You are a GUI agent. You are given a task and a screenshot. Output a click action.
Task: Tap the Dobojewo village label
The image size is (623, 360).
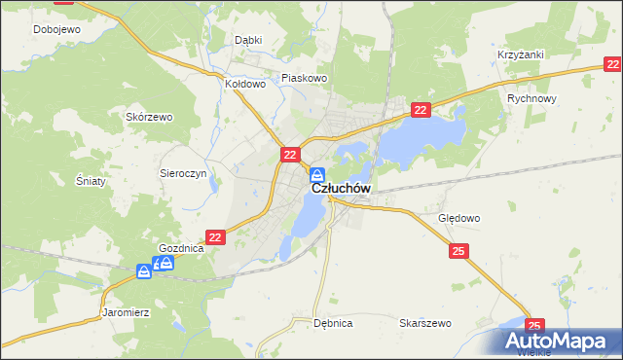click(56, 29)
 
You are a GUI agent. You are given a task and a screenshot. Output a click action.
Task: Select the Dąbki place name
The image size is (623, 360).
click(249, 41)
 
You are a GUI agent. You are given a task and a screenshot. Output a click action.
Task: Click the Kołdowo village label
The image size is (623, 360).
click(245, 84)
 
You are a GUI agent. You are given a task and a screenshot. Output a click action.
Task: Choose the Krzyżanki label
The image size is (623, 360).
click(520, 55)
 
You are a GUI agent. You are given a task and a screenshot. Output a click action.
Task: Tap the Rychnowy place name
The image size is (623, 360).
click(531, 99)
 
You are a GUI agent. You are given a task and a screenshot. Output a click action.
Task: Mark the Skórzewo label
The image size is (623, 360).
click(149, 117)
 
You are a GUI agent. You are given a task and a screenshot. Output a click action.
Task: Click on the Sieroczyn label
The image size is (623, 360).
click(180, 171)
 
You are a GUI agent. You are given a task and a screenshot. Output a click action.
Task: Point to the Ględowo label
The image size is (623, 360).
click(459, 219)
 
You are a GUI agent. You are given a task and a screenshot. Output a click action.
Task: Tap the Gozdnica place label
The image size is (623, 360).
click(181, 248)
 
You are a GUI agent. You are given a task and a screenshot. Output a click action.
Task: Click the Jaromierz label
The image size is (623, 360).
click(126, 313)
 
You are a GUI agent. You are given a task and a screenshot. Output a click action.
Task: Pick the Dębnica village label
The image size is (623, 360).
click(333, 323)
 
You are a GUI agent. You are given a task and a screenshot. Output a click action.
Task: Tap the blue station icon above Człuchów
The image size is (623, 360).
click(317, 175)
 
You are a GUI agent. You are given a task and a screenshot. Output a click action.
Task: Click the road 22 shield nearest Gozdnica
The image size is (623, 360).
click(216, 236)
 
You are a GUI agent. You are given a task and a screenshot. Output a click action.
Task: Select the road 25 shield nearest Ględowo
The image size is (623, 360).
click(459, 252)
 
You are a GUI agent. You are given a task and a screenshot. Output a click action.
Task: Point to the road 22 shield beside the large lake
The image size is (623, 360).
click(420, 112)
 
